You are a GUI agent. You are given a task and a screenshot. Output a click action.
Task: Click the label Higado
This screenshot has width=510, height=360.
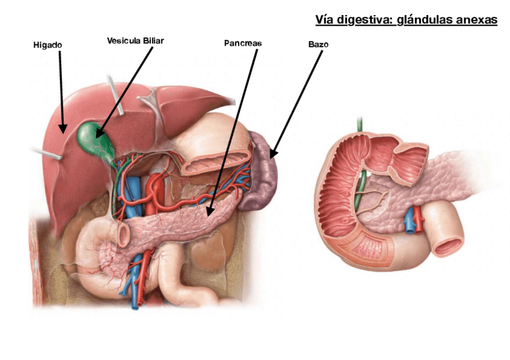point(48,45)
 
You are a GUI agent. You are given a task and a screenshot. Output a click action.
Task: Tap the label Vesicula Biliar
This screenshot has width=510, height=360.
point(135,41)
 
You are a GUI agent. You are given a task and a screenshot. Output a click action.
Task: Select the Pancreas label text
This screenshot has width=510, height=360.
point(243,43)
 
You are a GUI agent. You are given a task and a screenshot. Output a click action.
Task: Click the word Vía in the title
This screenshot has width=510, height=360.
point(325,20)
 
